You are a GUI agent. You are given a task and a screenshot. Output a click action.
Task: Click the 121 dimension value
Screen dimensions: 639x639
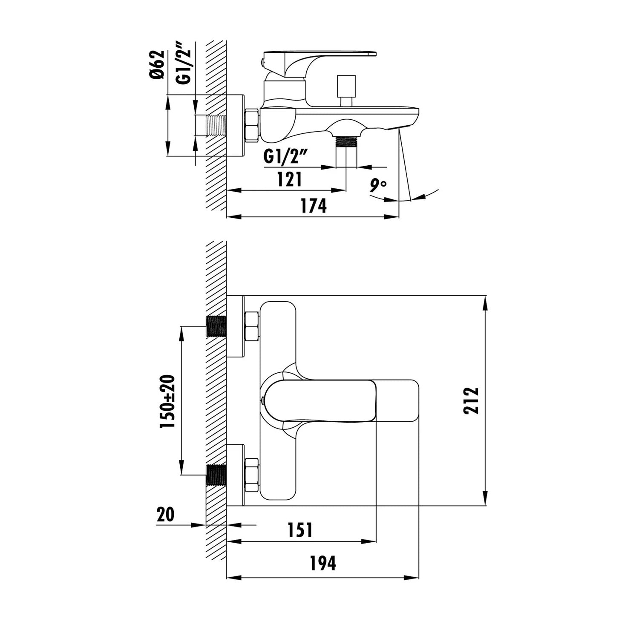[289, 179]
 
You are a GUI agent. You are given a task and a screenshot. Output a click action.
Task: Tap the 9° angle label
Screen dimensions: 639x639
[378, 186]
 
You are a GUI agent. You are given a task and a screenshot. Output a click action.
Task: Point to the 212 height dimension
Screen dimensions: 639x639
[472, 400]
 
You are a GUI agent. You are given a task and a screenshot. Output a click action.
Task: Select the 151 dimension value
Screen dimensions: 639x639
[300, 530]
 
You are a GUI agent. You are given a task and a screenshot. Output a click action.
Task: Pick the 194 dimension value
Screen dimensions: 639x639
[322, 563]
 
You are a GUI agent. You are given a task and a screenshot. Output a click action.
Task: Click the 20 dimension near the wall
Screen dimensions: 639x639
[166, 514]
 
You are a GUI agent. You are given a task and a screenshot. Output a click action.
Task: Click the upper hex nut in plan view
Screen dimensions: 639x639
[252, 326]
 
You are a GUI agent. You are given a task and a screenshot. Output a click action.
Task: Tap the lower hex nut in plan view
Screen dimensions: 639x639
[252, 474]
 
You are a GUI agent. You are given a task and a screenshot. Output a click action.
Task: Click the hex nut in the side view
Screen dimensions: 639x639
[251, 125]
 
